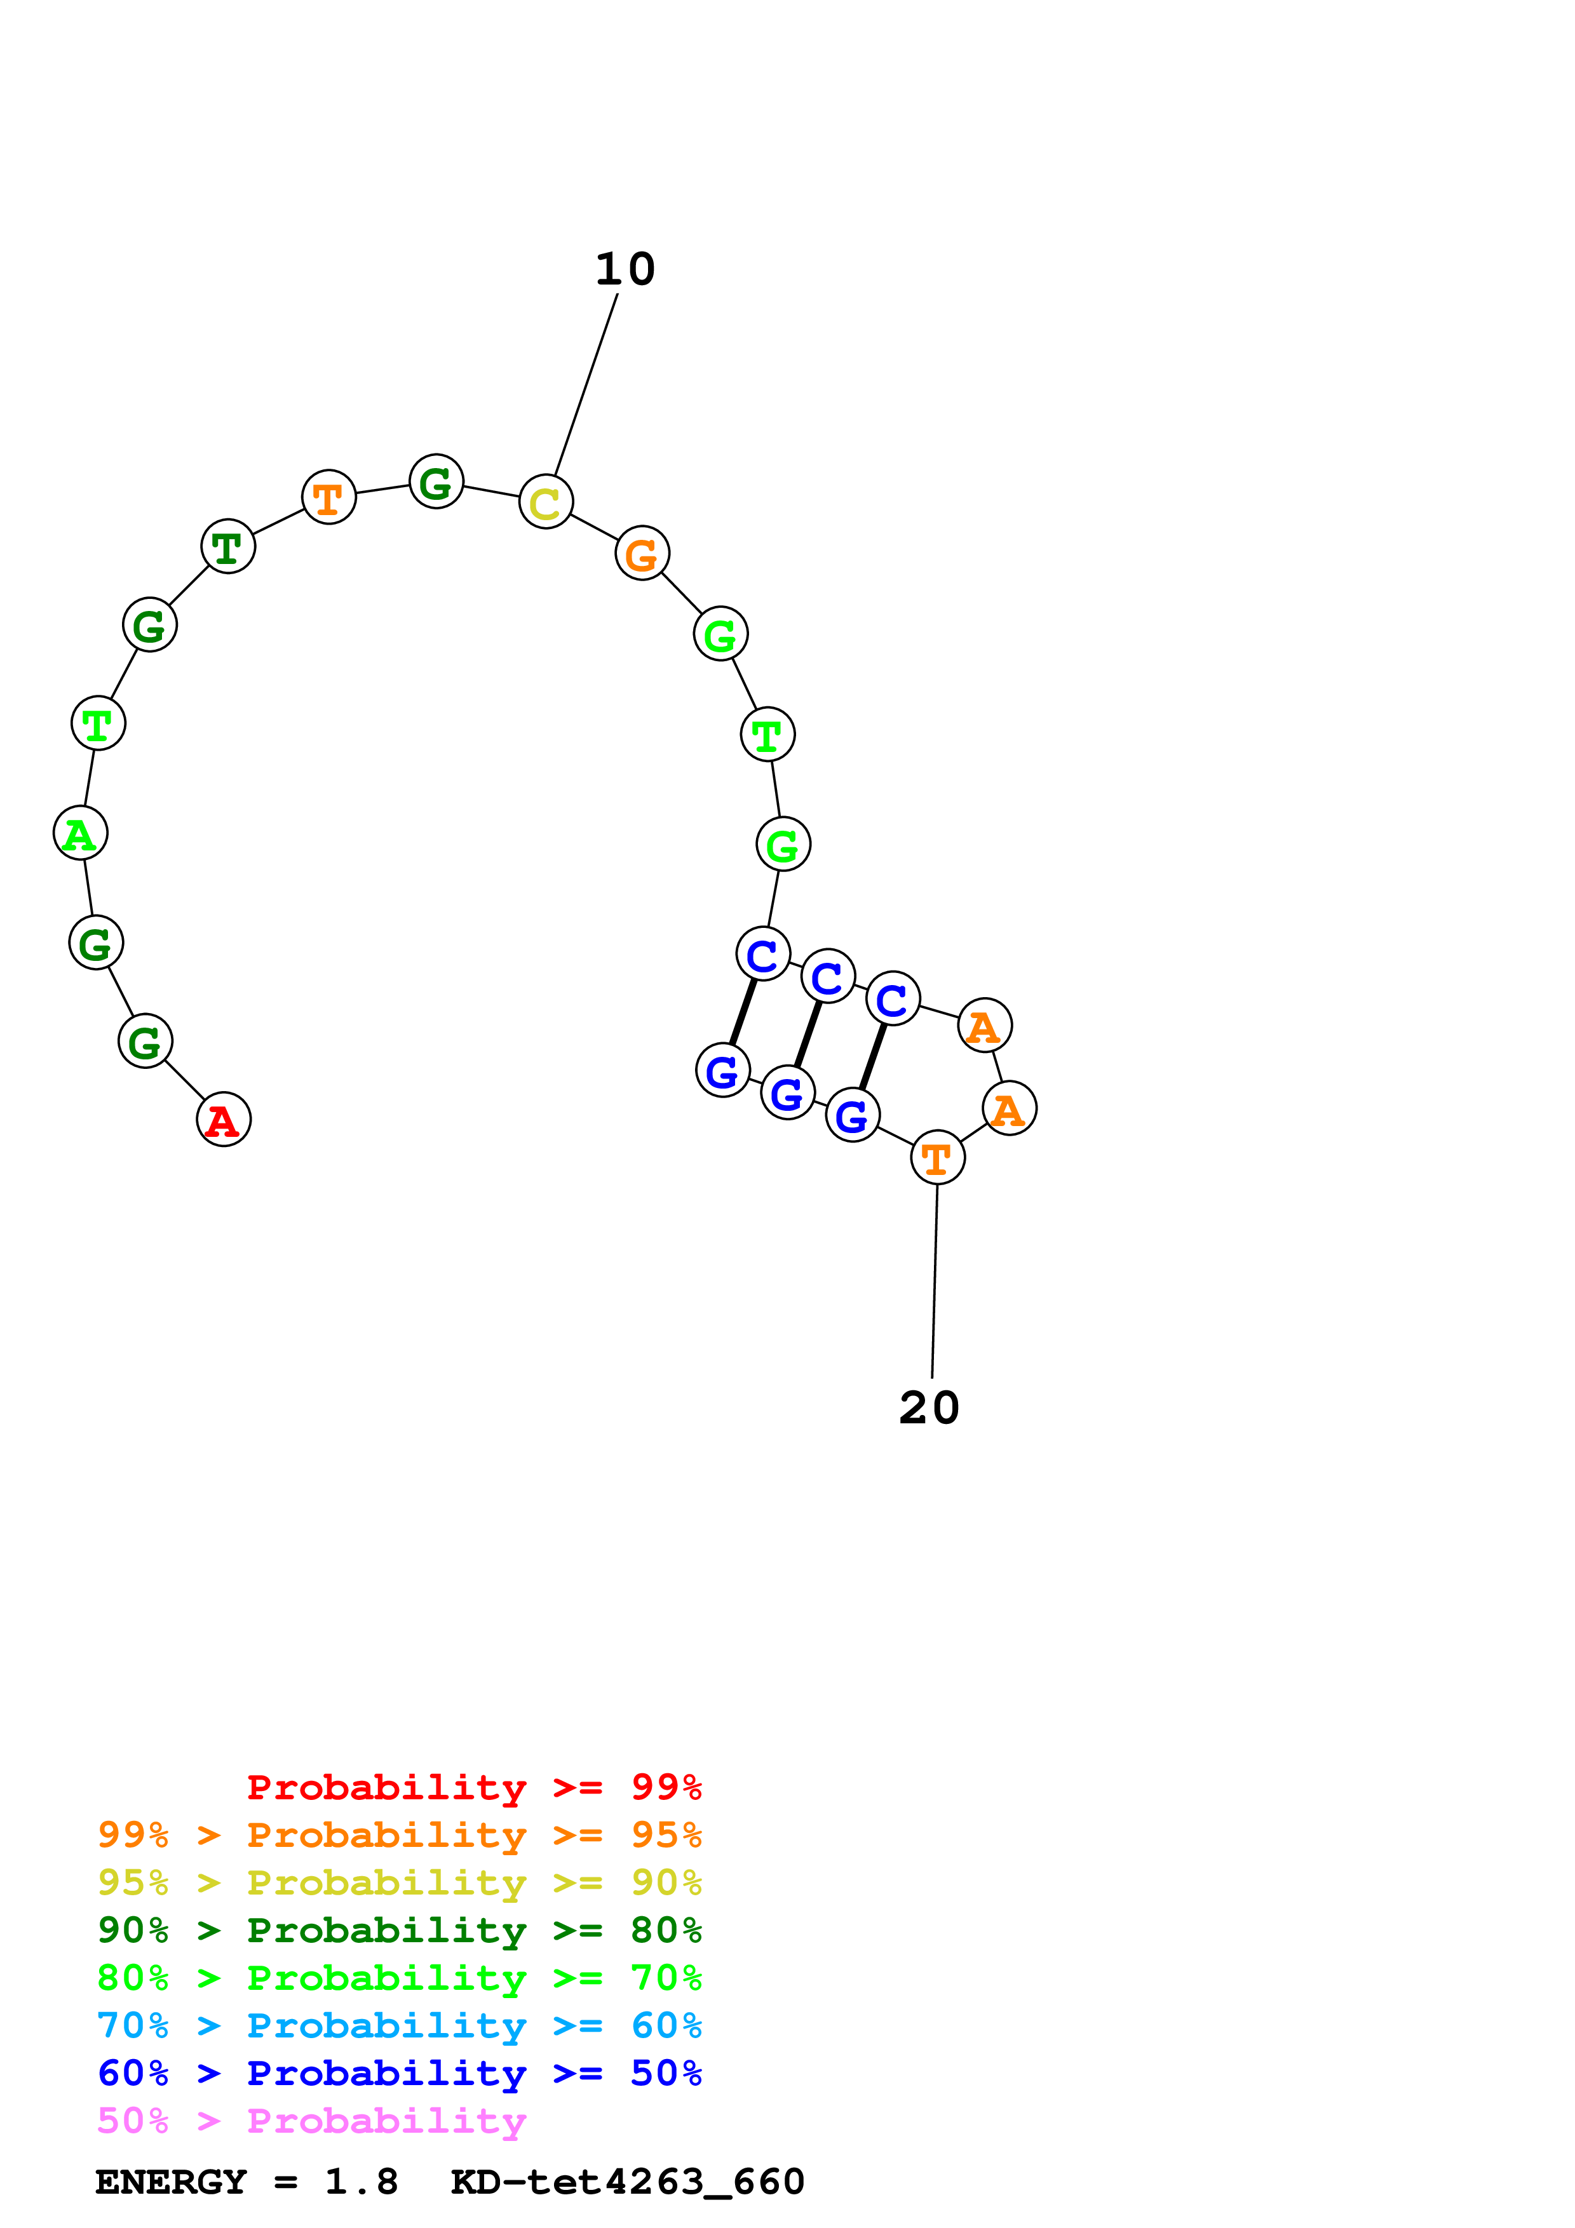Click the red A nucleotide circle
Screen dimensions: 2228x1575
[223, 1119]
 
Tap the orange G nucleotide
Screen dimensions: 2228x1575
[642, 553]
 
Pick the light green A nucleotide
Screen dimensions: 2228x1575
[79, 833]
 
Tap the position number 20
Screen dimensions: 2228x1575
[929, 1408]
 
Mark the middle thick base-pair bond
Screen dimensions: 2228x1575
[808, 1033]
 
